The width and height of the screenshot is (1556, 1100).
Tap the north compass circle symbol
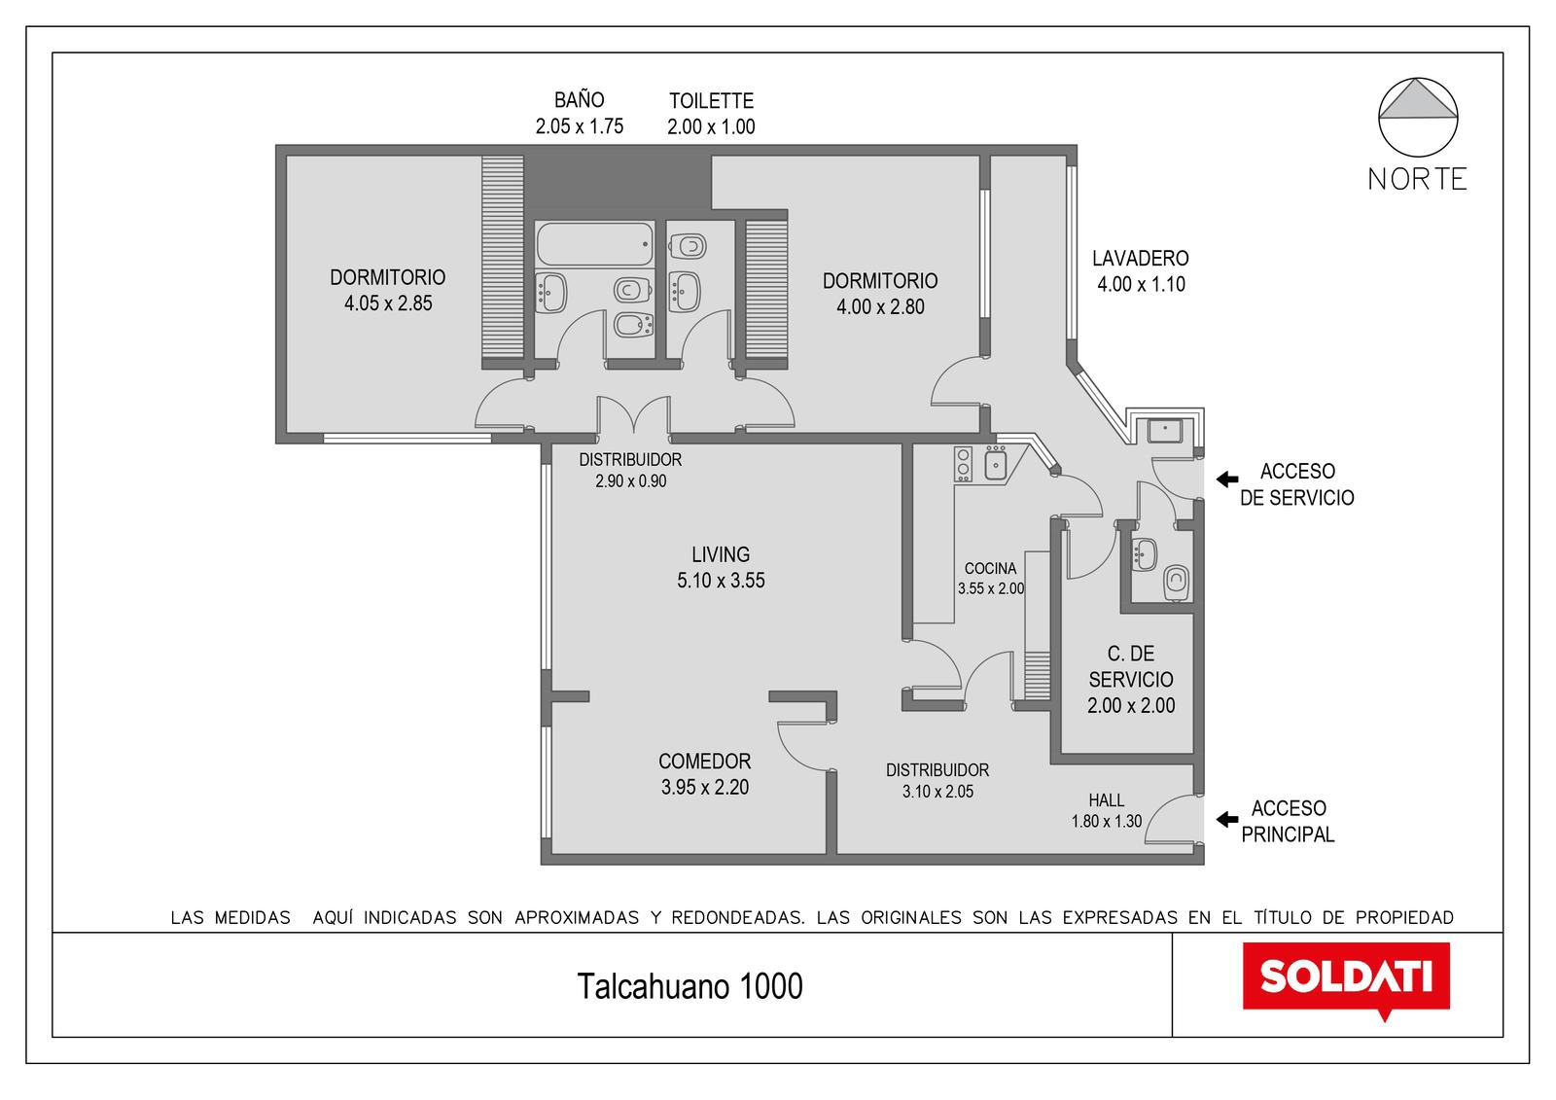point(1418,118)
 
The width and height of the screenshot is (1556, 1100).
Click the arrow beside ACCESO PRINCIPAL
point(1226,819)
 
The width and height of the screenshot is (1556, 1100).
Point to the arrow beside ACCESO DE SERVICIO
point(1226,479)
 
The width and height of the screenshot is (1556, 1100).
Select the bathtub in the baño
point(594,244)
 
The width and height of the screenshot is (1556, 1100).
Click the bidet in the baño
point(633,325)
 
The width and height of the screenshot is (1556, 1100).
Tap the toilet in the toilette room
point(688,245)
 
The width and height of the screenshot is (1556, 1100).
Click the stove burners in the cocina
point(963,464)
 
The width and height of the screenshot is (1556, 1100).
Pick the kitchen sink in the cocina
point(996,463)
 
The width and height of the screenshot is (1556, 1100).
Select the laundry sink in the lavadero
point(1165,430)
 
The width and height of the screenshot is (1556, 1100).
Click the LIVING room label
point(721,554)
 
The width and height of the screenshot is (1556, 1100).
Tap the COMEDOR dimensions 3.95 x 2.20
point(704,787)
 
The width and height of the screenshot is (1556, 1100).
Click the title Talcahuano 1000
point(690,986)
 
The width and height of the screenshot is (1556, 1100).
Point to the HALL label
point(1107,800)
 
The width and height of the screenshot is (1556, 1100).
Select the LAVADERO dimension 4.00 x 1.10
point(1141,284)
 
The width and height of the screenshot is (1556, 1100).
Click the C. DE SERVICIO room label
point(1130,666)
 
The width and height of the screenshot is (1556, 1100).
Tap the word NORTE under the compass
point(1417,179)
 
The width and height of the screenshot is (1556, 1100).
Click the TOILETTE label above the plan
point(711,101)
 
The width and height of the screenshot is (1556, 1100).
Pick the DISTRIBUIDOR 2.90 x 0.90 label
point(630,471)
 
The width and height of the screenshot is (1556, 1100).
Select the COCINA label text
point(990,568)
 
